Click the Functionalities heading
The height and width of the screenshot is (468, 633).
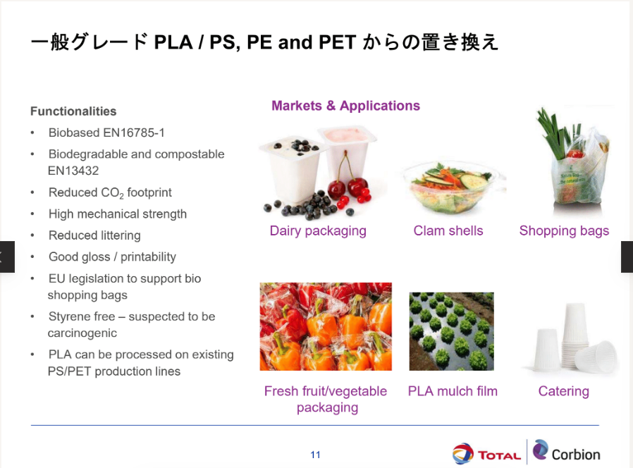click(73, 111)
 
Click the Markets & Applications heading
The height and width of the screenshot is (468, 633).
click(345, 106)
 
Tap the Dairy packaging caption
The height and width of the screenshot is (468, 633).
click(318, 231)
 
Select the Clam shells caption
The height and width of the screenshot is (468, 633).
click(448, 230)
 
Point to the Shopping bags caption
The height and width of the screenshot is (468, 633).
click(564, 231)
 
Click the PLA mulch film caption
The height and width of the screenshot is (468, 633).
click(453, 391)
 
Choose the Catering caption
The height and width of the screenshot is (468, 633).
click(563, 391)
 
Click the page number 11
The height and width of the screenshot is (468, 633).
click(315, 455)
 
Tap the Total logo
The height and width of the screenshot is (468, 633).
click(486, 453)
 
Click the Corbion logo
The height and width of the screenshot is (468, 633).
click(566, 452)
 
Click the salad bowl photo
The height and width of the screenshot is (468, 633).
click(454, 187)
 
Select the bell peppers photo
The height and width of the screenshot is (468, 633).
click(326, 326)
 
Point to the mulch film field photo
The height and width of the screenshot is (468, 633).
click(451, 331)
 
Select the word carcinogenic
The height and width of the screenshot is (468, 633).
click(82, 333)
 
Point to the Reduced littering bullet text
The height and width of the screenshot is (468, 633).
click(94, 235)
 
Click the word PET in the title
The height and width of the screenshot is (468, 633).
click(338, 42)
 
